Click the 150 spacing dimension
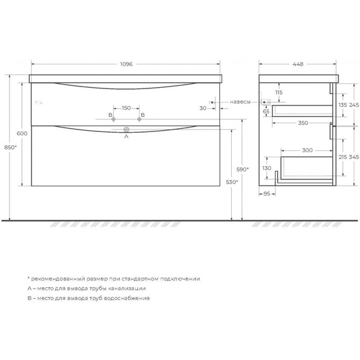(126, 108)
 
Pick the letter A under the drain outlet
(126, 136)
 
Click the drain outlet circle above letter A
(126, 129)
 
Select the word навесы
(240, 102)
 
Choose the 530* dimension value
(232, 182)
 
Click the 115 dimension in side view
(279, 93)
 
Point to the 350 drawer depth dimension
(304, 123)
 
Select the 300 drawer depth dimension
(306, 151)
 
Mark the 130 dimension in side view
(267, 168)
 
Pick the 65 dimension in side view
(267, 111)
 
